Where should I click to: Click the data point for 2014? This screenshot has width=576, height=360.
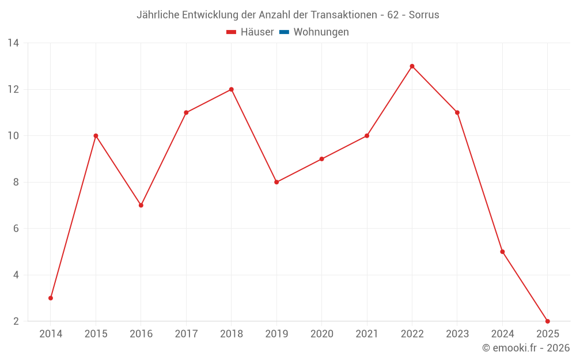(x=51, y=298)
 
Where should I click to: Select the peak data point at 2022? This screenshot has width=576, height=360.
(x=412, y=66)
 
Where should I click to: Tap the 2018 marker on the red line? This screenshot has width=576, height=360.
(x=231, y=89)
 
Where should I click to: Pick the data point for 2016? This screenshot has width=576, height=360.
(x=141, y=205)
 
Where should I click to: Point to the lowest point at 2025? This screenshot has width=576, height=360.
(x=547, y=321)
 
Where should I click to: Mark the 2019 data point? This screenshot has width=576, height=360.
(x=276, y=182)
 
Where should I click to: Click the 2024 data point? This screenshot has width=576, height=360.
(x=502, y=252)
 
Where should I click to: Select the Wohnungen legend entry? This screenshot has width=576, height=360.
(x=321, y=32)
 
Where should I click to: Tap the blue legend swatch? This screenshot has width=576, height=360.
(x=284, y=32)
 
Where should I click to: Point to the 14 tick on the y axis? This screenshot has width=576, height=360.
(x=13, y=43)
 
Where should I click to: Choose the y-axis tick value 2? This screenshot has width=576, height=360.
(x=16, y=321)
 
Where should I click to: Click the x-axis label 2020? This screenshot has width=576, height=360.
(x=321, y=334)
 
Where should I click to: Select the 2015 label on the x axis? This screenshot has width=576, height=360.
(x=96, y=334)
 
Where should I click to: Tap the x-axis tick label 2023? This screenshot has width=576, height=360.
(x=457, y=334)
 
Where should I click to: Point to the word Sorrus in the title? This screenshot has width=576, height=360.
(x=424, y=15)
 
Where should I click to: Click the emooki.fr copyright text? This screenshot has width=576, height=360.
(x=526, y=348)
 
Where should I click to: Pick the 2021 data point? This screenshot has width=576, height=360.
(x=367, y=136)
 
